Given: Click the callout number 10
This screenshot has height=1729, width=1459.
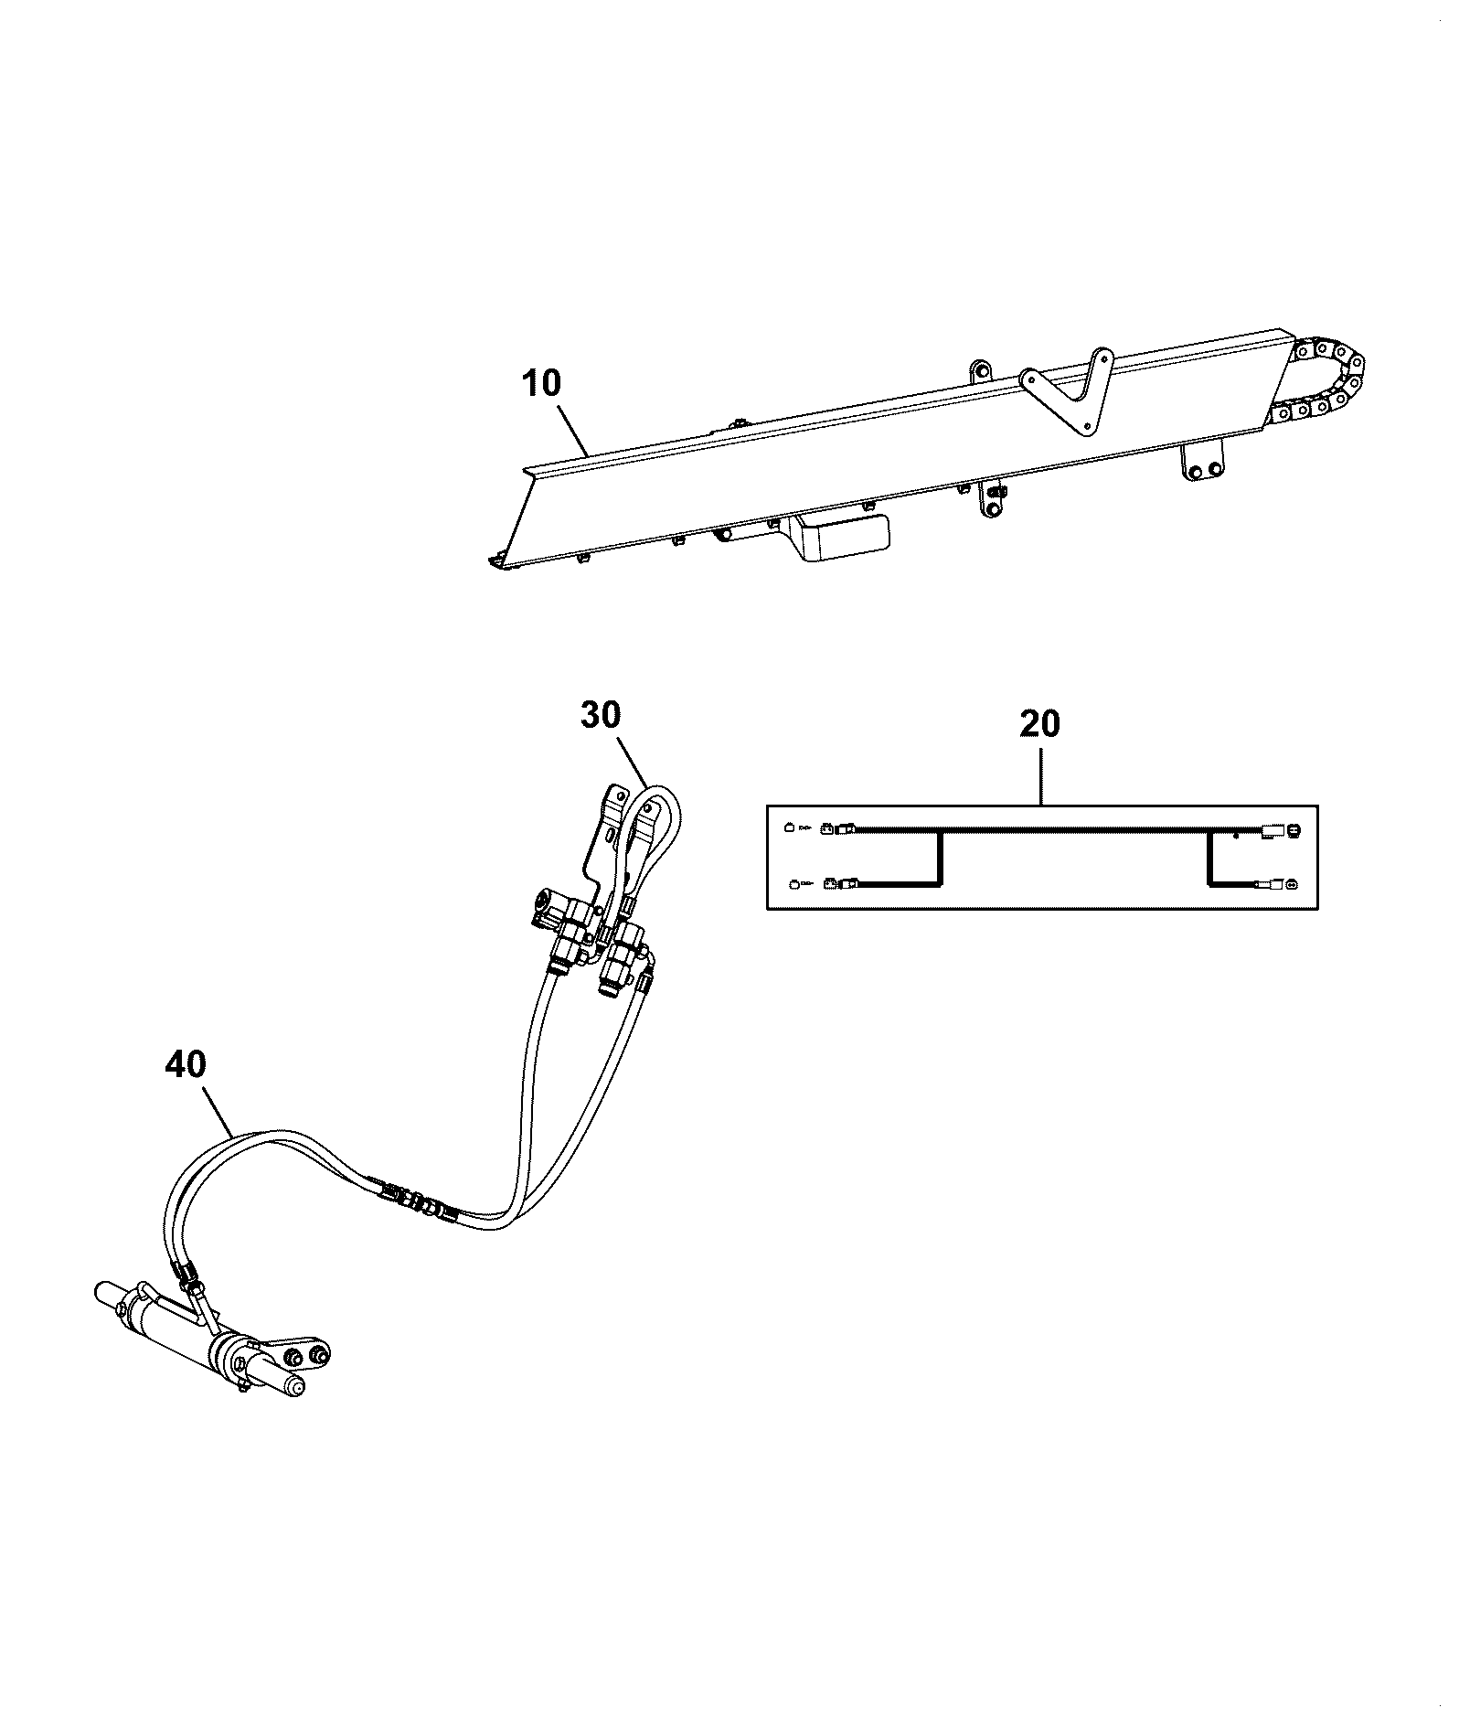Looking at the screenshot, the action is [542, 383].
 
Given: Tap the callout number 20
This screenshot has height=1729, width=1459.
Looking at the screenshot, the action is [1039, 724].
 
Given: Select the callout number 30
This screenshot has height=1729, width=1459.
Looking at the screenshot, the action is [600, 714].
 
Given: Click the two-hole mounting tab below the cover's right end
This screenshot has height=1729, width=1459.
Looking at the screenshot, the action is [1203, 462].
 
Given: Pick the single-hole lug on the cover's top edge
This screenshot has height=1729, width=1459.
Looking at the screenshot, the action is [980, 372].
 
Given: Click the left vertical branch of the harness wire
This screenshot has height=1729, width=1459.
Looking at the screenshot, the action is [939, 858].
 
